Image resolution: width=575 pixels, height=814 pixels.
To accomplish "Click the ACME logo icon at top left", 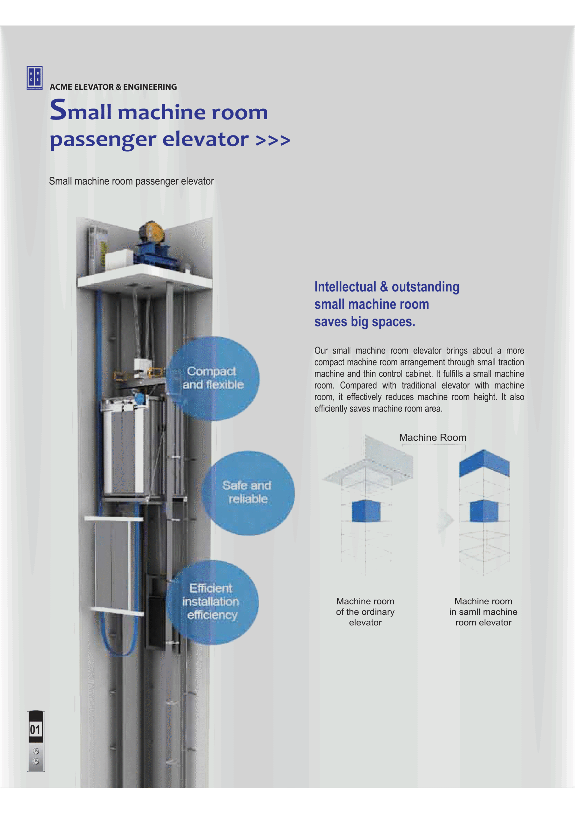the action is point(34,78).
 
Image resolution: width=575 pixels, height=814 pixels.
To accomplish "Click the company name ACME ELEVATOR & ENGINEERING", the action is point(113,87).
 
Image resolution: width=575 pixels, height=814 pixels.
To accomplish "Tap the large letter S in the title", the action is point(58,110).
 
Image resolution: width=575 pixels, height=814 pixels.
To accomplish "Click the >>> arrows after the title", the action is point(273,140).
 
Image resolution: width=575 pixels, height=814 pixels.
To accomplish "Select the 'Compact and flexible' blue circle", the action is point(213,378).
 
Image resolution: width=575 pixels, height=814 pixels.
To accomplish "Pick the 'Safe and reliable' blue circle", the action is point(248,493).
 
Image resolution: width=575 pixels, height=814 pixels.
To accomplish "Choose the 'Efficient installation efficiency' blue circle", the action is point(212,602).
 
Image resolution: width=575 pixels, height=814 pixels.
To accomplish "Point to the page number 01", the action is point(35,729).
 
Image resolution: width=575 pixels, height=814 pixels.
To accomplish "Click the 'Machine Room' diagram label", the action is point(433,438).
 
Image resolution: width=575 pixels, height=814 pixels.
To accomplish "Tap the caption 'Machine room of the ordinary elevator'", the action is point(365,611).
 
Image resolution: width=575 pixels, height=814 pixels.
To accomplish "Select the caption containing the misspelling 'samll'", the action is point(483,611).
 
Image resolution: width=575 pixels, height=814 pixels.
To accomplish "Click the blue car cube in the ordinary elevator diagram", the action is point(366,511).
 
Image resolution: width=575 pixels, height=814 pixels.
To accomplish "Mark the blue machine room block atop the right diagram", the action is point(484,463).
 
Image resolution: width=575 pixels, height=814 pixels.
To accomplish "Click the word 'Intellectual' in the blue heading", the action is point(345,286).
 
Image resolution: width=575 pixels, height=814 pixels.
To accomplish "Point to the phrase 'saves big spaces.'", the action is point(365,321).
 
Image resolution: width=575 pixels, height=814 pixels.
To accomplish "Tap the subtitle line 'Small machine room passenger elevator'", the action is point(132,181).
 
